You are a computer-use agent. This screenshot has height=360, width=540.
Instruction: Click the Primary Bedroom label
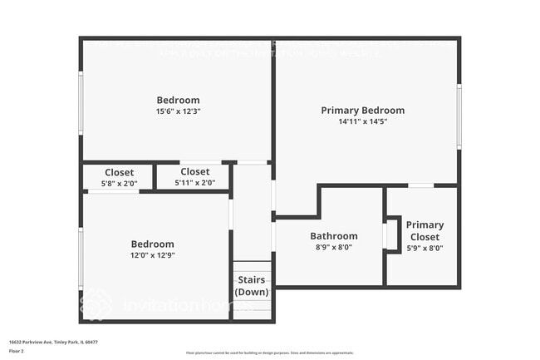[x=362, y=111]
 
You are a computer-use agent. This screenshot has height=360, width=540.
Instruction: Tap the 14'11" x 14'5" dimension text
[x=362, y=121]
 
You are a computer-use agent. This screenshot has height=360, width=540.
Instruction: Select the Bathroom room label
[x=333, y=236]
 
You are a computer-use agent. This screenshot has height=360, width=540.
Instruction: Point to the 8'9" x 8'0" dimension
[x=333, y=247]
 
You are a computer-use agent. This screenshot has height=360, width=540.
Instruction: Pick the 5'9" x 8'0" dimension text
[x=425, y=247]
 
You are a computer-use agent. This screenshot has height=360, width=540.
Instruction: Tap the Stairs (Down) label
[x=252, y=286]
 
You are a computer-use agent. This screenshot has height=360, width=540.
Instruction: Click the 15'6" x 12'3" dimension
[x=178, y=111]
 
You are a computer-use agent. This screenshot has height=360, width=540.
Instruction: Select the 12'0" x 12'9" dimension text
[x=153, y=255]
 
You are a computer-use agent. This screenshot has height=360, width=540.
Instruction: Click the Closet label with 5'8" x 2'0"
[x=119, y=172]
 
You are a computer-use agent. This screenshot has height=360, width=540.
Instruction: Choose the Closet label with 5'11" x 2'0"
[x=195, y=172]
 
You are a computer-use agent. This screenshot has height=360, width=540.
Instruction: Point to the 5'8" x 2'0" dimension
[x=119, y=183]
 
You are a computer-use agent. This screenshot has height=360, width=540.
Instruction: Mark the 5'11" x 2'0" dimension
[x=195, y=183]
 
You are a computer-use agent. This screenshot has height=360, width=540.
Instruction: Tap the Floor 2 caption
[x=17, y=350]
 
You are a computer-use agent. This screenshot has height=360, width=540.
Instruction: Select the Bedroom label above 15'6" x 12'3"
[x=178, y=101]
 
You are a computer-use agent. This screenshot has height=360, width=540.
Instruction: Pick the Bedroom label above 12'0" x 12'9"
[x=153, y=244]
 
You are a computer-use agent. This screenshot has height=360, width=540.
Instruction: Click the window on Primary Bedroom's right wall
[x=459, y=116]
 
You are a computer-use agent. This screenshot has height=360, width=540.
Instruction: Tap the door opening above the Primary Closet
[x=421, y=185]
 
